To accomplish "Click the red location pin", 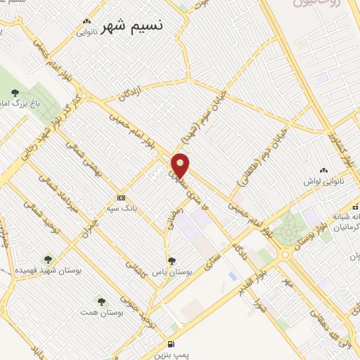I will [x=181, y=165].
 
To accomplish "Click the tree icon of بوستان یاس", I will [x=172, y=262].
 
